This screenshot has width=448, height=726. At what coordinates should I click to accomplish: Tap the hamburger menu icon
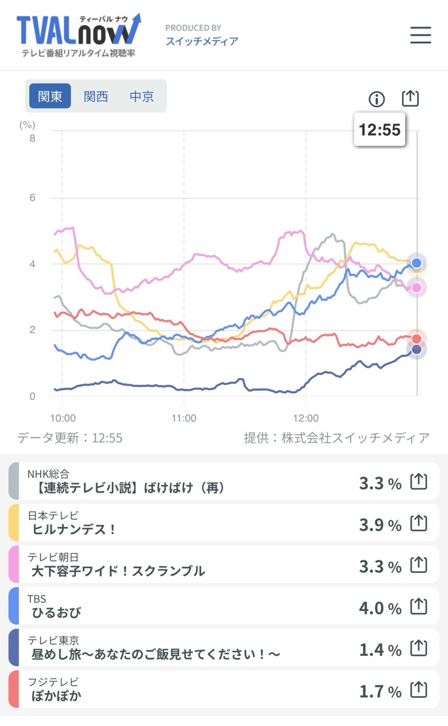[x=420, y=35]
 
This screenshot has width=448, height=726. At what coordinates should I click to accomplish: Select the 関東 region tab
[x=50, y=96]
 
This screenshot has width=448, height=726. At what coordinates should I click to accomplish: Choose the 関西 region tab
[x=96, y=96]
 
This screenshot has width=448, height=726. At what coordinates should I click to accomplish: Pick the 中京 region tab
[x=142, y=96]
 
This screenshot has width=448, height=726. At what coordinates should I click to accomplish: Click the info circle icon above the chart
[x=377, y=99]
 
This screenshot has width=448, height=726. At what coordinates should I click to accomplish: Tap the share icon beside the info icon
[x=410, y=99]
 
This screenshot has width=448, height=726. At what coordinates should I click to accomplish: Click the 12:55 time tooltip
[x=380, y=129]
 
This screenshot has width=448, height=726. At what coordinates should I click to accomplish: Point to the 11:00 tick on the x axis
[x=184, y=418]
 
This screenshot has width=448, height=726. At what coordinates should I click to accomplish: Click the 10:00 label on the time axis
[x=62, y=418]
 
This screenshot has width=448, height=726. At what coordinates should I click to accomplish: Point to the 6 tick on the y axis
[x=32, y=198]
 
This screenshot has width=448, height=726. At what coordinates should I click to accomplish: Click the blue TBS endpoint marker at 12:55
[x=417, y=263]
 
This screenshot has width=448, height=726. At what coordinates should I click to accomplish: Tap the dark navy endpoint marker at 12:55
[x=417, y=349]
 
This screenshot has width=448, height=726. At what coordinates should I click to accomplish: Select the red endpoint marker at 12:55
[x=417, y=339]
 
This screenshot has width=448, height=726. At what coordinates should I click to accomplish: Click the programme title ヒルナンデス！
[x=74, y=529]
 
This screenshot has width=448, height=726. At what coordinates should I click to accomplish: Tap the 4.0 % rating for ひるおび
[x=380, y=608]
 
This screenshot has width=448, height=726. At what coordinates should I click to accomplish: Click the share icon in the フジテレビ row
[x=419, y=690]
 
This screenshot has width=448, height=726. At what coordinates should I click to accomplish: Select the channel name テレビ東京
[x=53, y=640]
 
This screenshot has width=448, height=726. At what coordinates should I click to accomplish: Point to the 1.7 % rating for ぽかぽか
[x=380, y=691]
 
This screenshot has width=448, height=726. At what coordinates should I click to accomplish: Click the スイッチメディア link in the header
[x=202, y=41]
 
